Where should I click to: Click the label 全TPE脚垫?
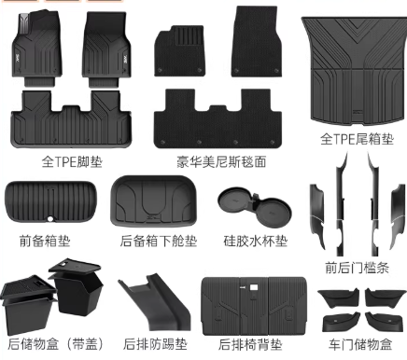[72, 161]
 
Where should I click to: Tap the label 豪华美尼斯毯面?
[221, 161]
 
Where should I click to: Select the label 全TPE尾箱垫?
[357, 139]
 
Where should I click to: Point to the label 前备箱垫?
[45, 241]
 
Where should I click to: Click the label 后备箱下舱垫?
[159, 241]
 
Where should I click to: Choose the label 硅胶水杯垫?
[255, 241]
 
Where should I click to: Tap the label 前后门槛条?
[357, 268]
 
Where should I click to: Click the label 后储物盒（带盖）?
[55, 344]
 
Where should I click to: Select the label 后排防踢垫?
[155, 344]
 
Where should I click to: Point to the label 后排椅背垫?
[250, 344]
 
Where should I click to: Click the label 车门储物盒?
[360, 344]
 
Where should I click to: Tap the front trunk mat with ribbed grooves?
[50, 202]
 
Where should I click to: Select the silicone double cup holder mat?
[255, 207]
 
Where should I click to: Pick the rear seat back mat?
[254, 306]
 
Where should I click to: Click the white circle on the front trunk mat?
[50, 219]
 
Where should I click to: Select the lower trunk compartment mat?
[154, 201]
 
